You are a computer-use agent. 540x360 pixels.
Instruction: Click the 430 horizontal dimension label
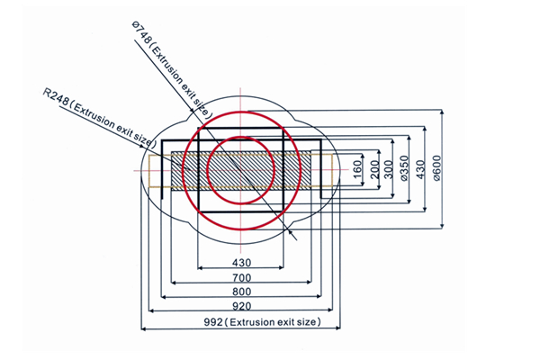click(240, 262)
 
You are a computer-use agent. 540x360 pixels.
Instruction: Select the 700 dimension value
click(240, 277)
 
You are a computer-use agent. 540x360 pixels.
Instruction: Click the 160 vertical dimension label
click(357, 168)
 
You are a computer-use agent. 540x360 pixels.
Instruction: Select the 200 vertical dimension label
click(374, 170)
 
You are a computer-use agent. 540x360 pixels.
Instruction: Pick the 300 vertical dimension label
click(390, 170)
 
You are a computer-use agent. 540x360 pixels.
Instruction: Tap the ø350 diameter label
click(405, 169)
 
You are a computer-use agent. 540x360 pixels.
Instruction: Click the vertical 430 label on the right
click(420, 169)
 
